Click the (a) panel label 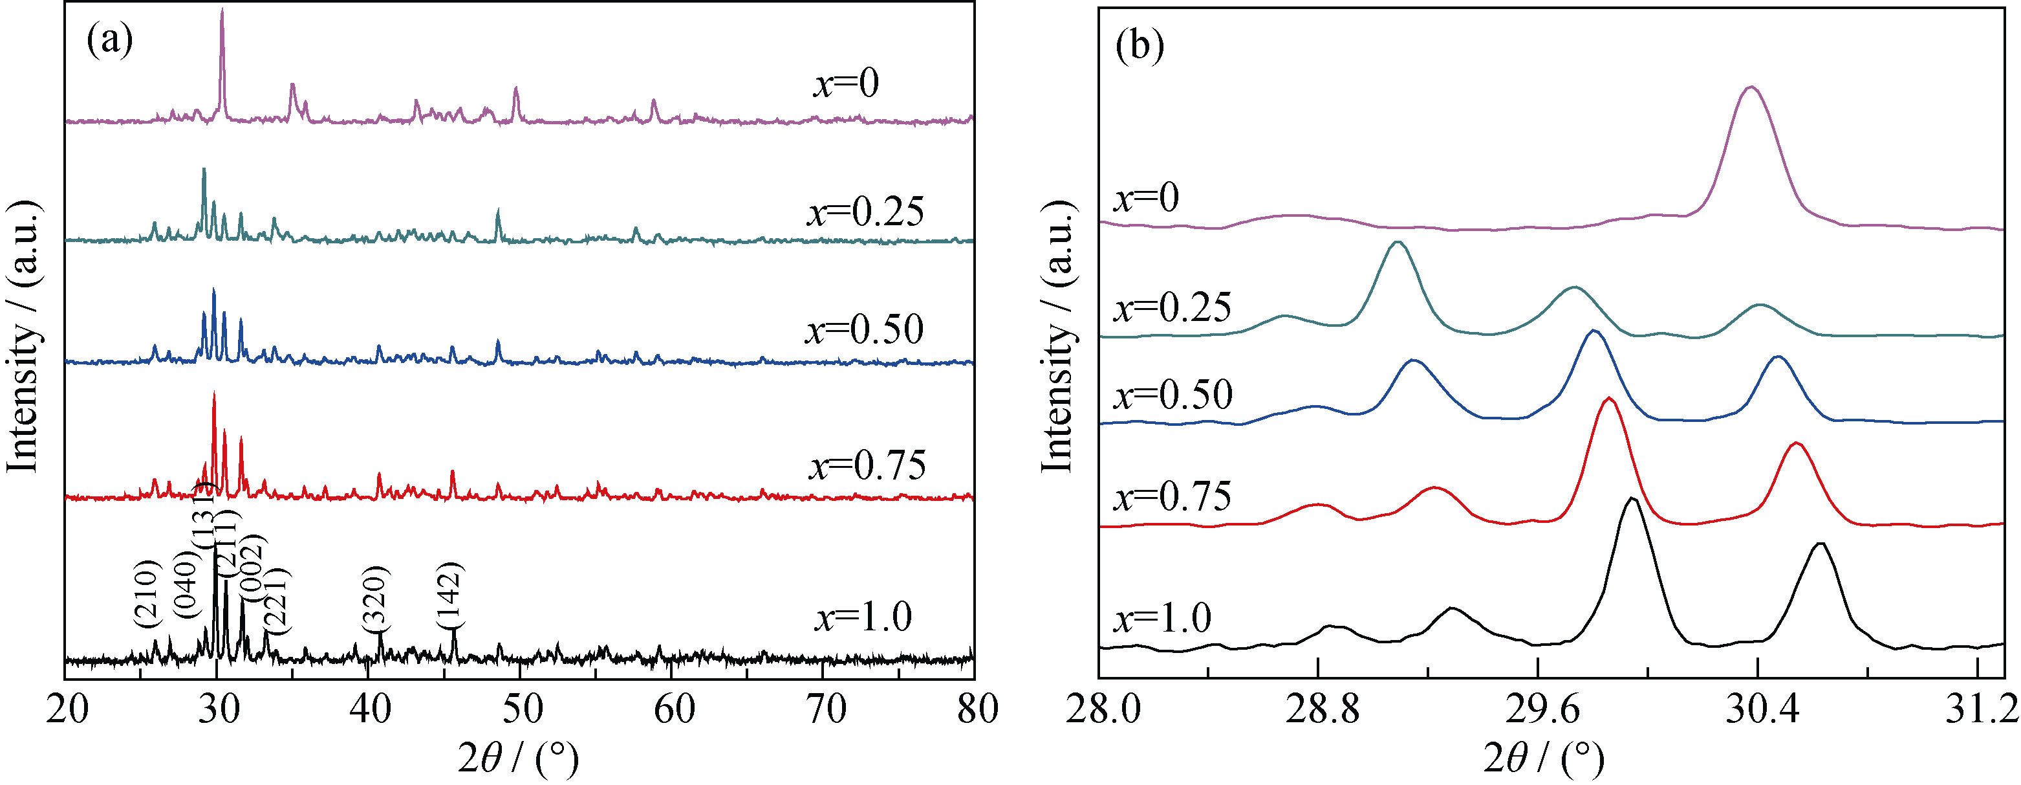(x=109, y=40)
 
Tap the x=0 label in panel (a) (x=846, y=82)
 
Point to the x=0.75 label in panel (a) (x=867, y=465)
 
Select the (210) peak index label (x=147, y=593)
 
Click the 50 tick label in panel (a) (x=522, y=710)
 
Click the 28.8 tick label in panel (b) (x=1321, y=711)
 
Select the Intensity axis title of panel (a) (x=23, y=338)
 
